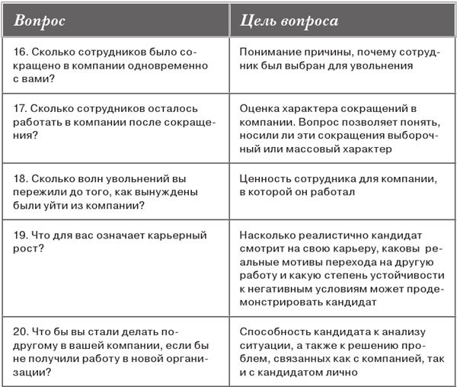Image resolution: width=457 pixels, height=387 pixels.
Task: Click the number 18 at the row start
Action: pyautogui.click(x=21, y=178)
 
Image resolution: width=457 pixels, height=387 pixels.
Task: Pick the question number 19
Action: pyautogui.click(x=21, y=235)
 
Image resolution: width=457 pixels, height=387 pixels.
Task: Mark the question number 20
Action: pyautogui.click(x=22, y=332)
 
